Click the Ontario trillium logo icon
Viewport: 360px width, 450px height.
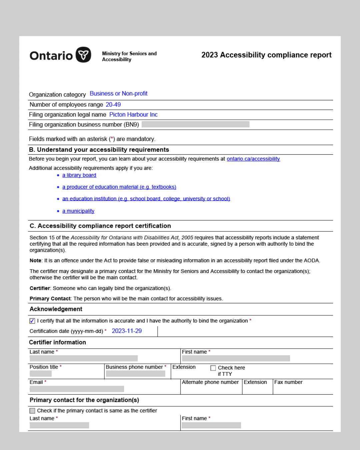pyautogui.click(x=83, y=55)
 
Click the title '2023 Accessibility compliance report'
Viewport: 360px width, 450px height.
pyautogui.click(x=266, y=55)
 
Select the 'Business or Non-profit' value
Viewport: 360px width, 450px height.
pyautogui.click(x=118, y=94)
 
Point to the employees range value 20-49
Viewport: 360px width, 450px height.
pyautogui.click(x=113, y=105)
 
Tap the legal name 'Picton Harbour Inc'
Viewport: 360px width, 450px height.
pyautogui.click(x=133, y=115)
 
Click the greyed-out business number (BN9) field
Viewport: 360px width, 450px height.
pyautogui.click(x=195, y=124)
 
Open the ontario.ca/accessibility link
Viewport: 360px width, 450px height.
pyautogui.click(x=253, y=159)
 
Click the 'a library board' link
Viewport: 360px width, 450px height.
pyautogui.click(x=79, y=175)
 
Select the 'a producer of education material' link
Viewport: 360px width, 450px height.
pyautogui.click(x=119, y=187)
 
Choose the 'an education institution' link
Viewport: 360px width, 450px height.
pyautogui.click(x=146, y=199)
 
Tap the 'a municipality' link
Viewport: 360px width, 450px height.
pyautogui.click(x=78, y=211)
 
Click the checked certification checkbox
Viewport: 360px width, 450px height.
pyautogui.click(x=32, y=321)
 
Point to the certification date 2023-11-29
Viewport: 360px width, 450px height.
pyautogui.click(x=127, y=331)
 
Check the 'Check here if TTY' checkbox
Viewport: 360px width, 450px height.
pyautogui.click(x=213, y=368)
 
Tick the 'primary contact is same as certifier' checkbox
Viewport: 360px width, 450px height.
pyautogui.click(x=32, y=411)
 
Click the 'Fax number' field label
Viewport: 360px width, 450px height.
pyautogui.click(x=288, y=382)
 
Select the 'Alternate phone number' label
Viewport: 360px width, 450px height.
pyautogui.click(x=210, y=382)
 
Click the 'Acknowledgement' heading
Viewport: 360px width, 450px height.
pyautogui.click(x=56, y=309)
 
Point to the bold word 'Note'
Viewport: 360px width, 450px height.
pyautogui.click(x=35, y=261)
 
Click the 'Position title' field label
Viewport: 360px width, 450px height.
pyautogui.click(x=44, y=367)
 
